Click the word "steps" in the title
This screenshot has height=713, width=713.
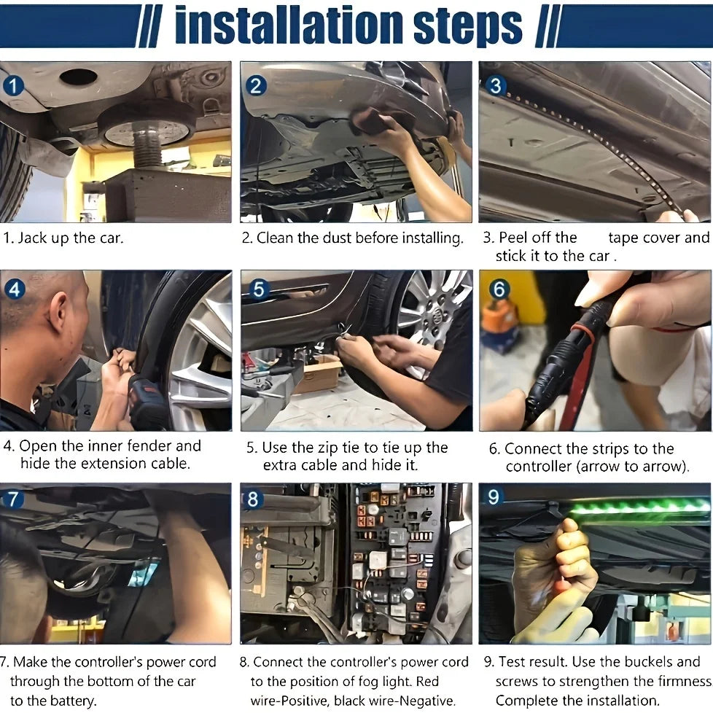(x=468, y=28)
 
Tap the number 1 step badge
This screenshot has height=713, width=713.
(x=13, y=86)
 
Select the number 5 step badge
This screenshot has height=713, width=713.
(x=258, y=289)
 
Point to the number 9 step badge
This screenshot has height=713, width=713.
(x=494, y=497)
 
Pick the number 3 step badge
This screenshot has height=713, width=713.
(x=495, y=85)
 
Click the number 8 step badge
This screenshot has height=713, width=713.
(x=253, y=499)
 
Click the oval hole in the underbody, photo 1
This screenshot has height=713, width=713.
(x=78, y=77)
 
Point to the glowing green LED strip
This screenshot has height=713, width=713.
(x=639, y=507)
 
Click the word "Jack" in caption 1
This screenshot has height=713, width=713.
(x=32, y=238)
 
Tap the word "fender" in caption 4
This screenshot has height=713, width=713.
(x=147, y=445)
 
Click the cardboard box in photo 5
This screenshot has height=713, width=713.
(x=319, y=375)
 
